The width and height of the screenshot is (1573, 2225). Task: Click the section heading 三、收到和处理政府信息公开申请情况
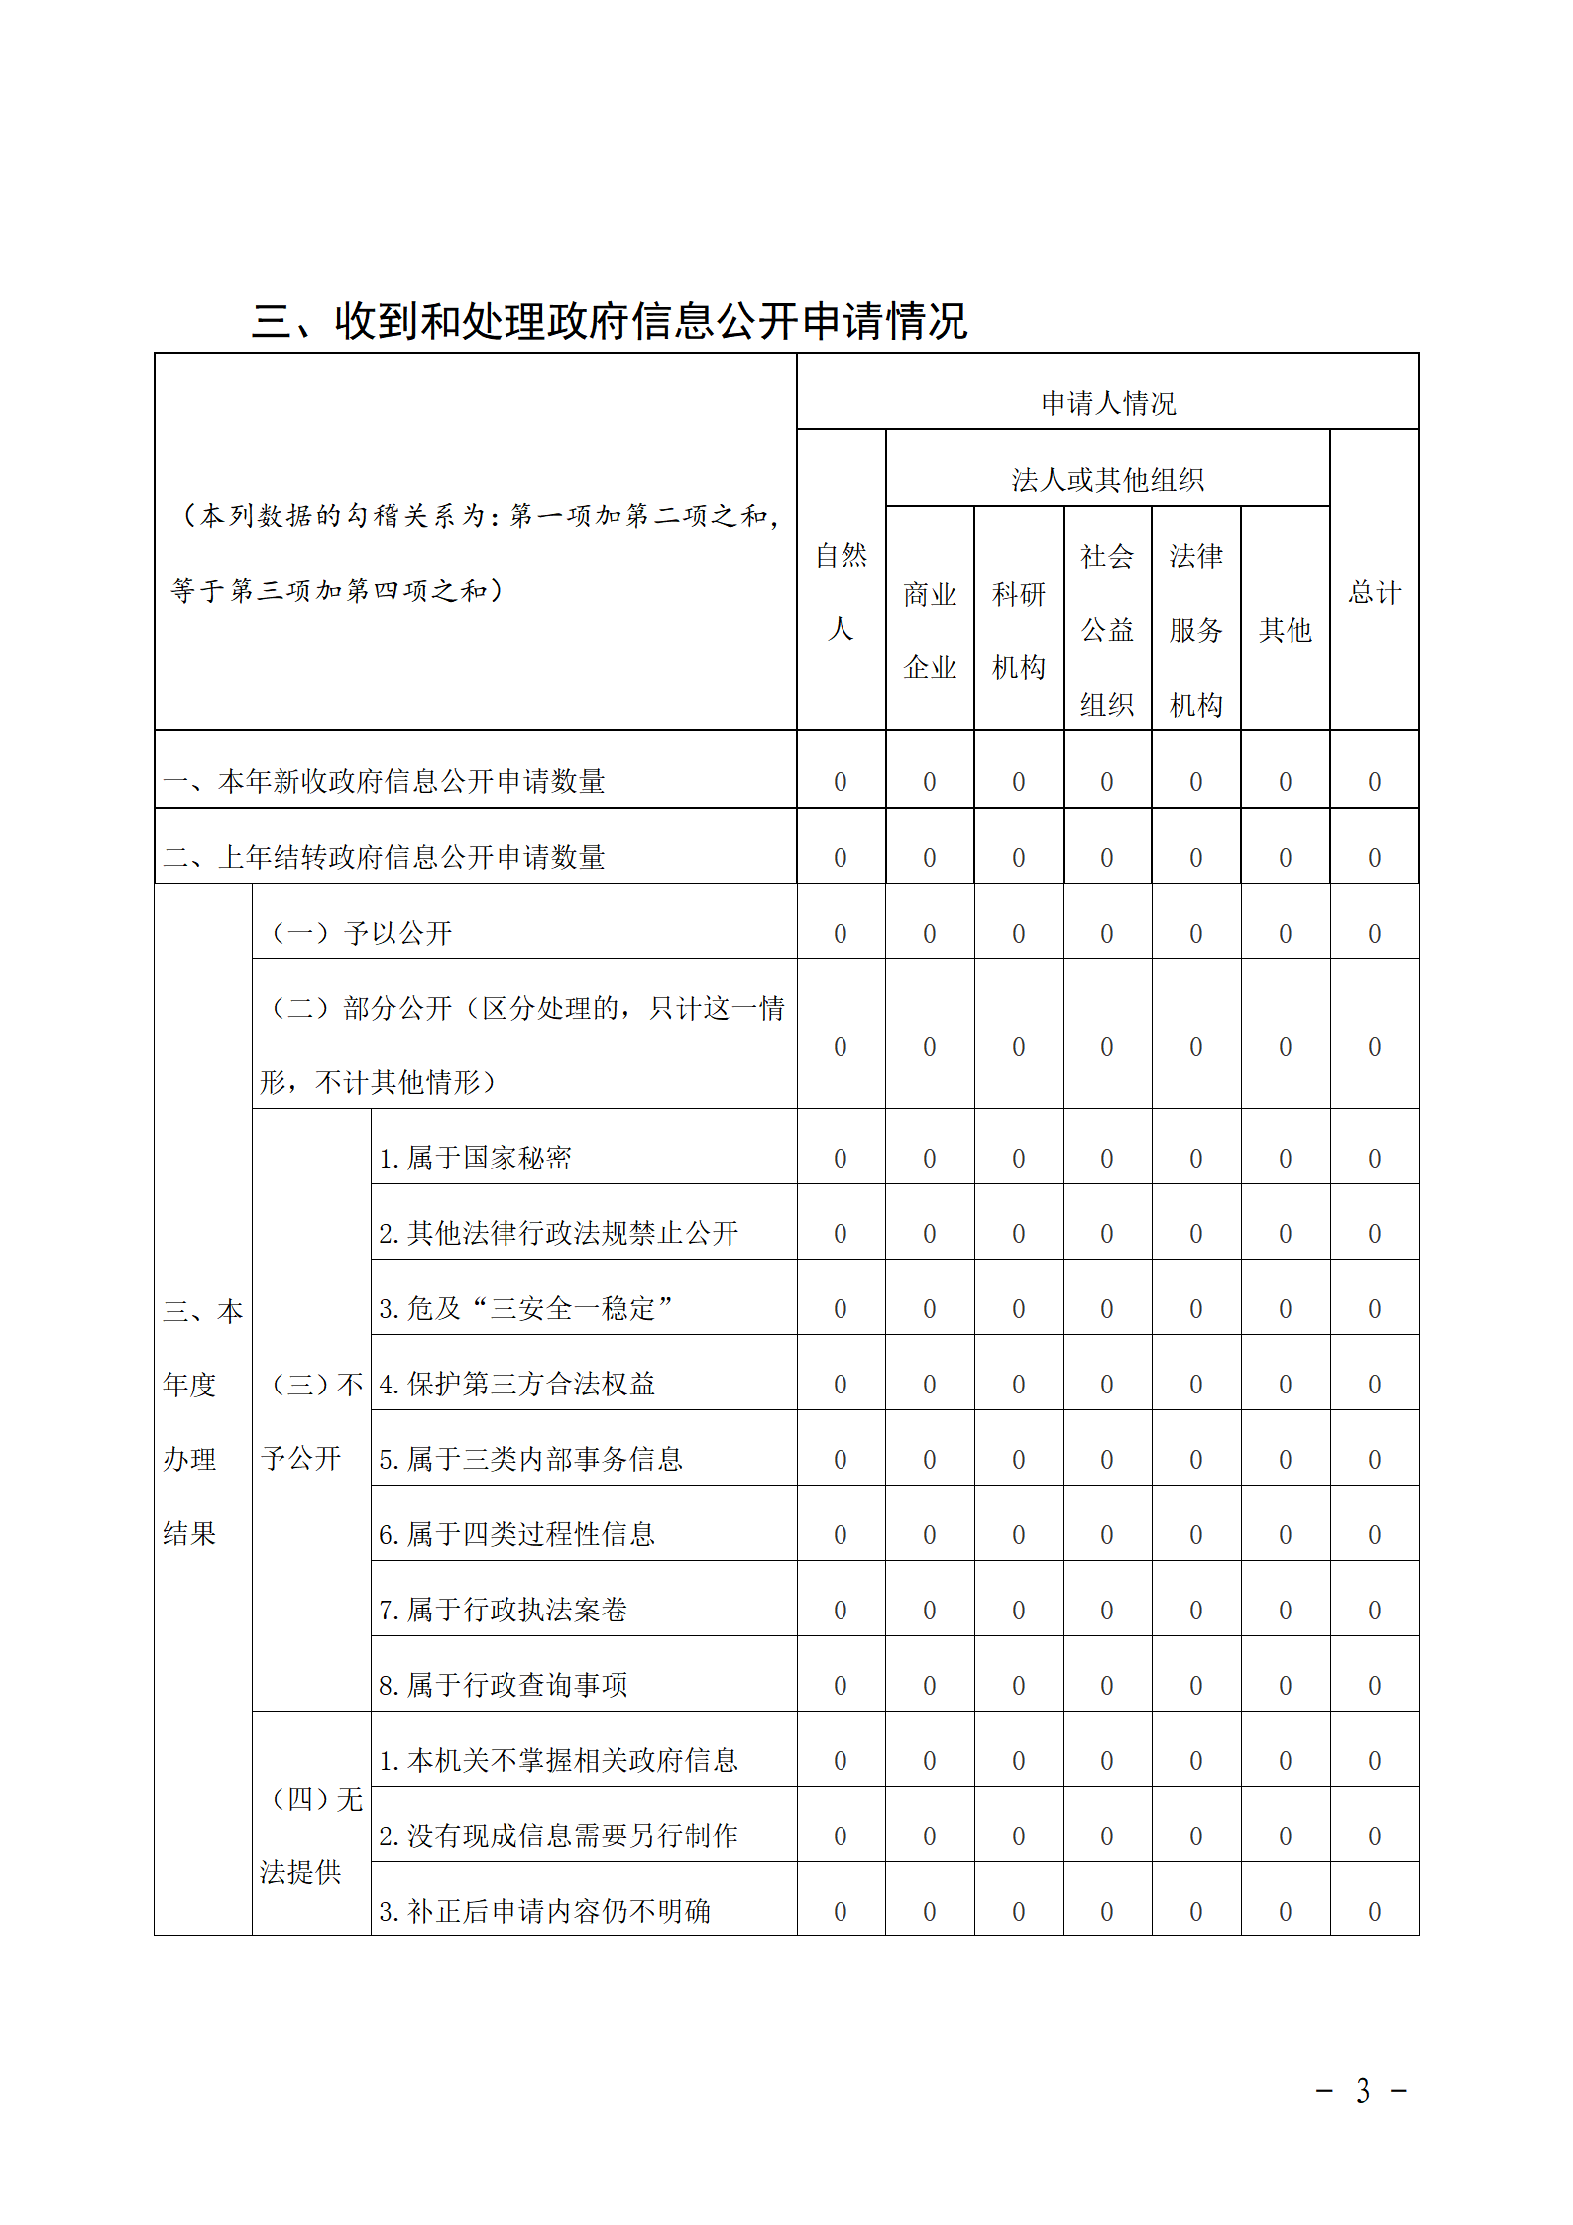609,320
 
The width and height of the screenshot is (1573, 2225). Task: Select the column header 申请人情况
1107,403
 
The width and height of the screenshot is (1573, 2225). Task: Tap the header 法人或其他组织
1107,480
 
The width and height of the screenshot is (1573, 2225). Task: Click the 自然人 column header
841,592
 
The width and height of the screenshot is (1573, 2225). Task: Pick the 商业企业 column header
930,630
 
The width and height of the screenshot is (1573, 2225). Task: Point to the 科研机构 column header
1019,630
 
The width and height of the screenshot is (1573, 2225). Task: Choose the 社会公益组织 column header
1107,630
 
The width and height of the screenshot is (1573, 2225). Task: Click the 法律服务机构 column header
1195,630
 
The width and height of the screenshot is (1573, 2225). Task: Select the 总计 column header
1374,593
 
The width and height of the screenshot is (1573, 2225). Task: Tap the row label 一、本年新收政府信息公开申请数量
384,781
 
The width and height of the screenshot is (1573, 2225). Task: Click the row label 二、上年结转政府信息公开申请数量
384,857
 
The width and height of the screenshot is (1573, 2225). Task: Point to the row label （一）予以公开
362,933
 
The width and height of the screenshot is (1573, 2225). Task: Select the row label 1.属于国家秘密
475,1158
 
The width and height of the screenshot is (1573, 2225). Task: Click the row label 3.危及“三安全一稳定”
525,1308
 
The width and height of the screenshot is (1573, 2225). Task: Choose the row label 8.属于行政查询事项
503,1685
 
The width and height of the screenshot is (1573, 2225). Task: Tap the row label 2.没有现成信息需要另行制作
558,1836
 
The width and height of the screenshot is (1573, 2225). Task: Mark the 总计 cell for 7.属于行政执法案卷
1374,1611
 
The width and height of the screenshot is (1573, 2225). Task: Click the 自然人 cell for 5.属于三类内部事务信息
841,1460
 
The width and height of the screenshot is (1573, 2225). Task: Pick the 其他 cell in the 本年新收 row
1285,782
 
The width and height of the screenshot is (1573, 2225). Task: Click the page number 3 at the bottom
1363,2091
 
